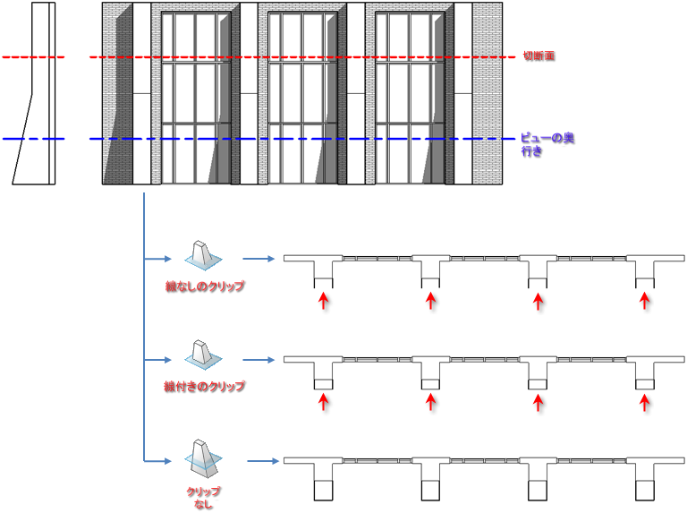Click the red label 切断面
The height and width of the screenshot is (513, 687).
click(539, 56)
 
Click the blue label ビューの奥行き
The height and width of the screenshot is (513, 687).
click(547, 144)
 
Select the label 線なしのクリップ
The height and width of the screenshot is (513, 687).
click(205, 286)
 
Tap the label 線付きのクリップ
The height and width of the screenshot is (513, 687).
click(204, 386)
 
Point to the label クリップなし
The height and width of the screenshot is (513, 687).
click(203, 498)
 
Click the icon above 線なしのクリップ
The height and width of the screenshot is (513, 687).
click(203, 254)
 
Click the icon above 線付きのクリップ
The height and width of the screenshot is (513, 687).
click(203, 355)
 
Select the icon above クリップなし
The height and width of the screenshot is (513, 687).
click(203, 458)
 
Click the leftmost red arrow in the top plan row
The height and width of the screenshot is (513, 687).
click(323, 301)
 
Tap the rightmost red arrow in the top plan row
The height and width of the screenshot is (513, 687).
click(644, 301)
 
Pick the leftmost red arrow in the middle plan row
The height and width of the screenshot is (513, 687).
click(323, 402)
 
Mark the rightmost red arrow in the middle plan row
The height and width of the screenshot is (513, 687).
click(644, 402)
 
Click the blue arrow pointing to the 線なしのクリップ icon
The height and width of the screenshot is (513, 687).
click(157, 259)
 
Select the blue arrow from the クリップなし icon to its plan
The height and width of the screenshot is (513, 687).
click(263, 461)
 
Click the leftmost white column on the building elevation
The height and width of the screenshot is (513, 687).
click(141, 93)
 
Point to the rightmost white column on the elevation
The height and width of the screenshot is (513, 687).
click(463, 93)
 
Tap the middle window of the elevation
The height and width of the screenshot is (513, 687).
click(302, 98)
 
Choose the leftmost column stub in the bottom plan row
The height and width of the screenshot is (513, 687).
click(323, 491)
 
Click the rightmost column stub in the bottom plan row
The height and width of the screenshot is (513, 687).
click(644, 491)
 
